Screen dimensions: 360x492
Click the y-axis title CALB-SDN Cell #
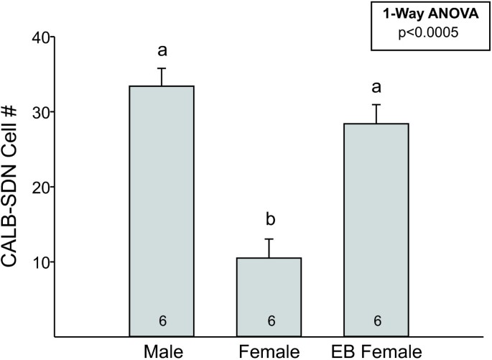(16, 187)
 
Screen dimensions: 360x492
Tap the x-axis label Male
(162, 351)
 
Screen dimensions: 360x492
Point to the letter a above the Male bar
(162, 51)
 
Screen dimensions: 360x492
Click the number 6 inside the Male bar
(162, 321)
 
